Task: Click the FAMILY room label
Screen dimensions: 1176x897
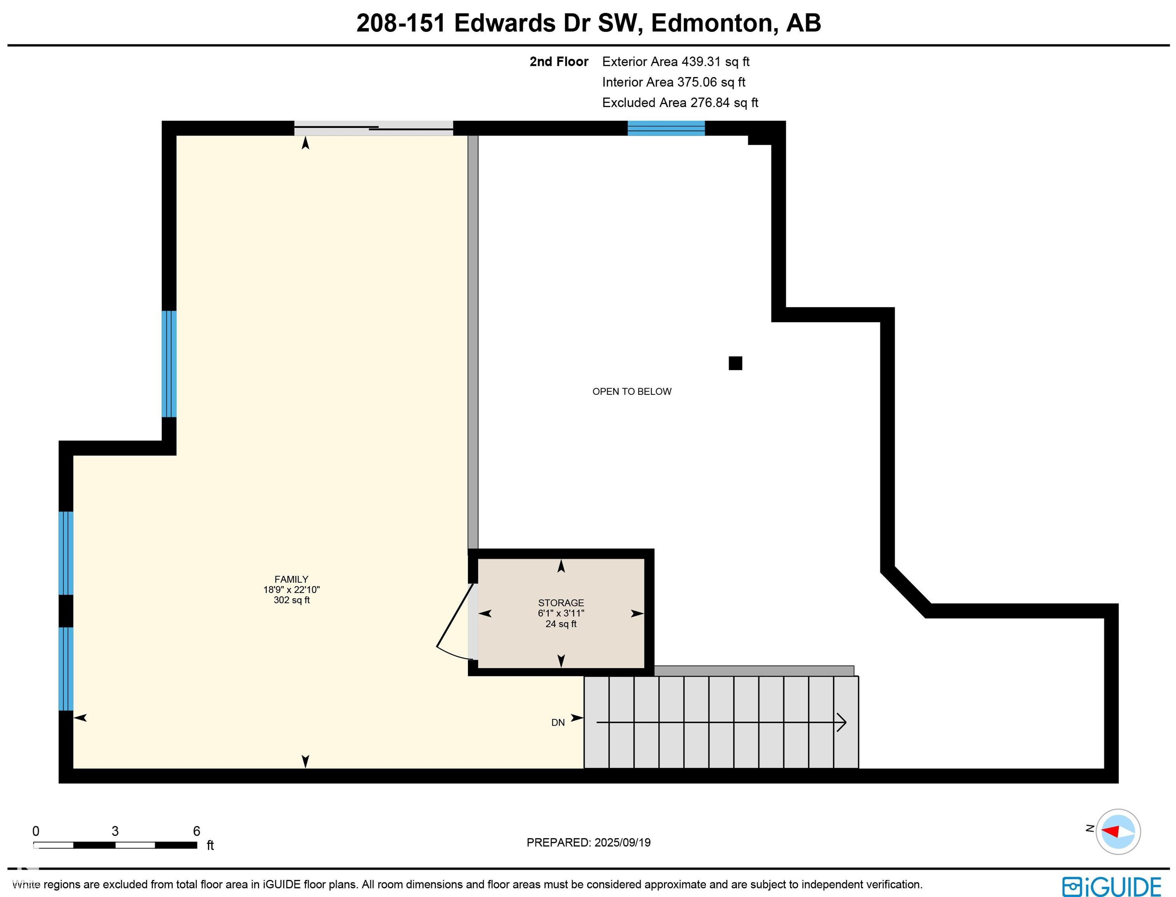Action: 292,579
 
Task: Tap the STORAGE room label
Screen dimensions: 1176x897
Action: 561,603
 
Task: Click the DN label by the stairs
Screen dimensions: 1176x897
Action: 558,723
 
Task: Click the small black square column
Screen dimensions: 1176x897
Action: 735,363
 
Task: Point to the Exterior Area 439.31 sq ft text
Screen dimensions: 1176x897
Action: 675,62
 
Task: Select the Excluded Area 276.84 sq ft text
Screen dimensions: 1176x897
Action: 680,102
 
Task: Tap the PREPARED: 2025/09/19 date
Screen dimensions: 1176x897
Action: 588,842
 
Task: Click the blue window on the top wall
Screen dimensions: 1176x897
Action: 666,128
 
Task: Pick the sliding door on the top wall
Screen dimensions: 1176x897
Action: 374,128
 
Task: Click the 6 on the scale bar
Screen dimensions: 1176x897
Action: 197,831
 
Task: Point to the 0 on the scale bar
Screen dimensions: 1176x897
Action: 36,831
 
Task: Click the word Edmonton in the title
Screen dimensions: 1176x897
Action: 714,23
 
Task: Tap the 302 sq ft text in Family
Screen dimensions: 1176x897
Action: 292,600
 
